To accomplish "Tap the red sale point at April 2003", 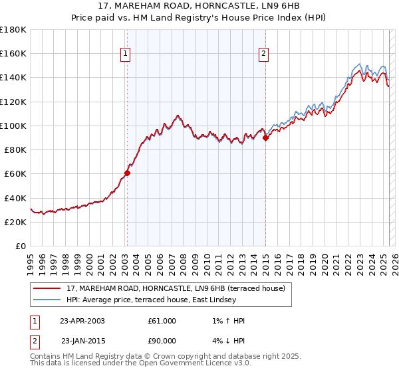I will pos(127,173).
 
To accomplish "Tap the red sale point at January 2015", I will pos(265,138).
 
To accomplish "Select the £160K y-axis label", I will pos(14,54).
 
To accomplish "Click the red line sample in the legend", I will pos(47,288).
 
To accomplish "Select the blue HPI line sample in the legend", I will pos(47,300).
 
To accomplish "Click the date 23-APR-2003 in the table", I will pos(82,321).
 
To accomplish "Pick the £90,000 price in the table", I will pos(162,341).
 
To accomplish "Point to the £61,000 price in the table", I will pos(162,321).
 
